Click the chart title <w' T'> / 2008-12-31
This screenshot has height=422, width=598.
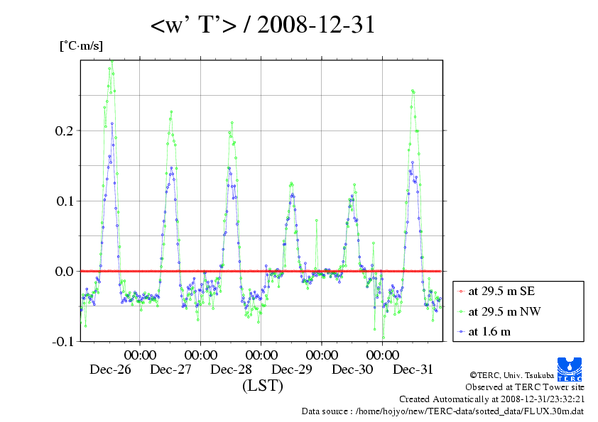point(263,26)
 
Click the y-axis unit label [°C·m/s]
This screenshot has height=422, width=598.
point(81,46)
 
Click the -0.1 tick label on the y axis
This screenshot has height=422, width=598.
point(62,341)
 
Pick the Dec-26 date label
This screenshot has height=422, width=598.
point(110,370)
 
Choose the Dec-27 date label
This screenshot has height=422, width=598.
point(170,370)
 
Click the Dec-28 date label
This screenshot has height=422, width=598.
point(232,370)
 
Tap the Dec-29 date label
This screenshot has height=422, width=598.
point(292,370)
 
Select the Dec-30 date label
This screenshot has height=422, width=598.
point(352,370)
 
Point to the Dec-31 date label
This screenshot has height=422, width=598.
point(413,370)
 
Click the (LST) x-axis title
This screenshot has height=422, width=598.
point(262,387)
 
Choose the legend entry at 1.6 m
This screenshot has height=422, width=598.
point(489,331)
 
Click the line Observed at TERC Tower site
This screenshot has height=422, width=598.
point(525,387)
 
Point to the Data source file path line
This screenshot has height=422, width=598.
point(443,411)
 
